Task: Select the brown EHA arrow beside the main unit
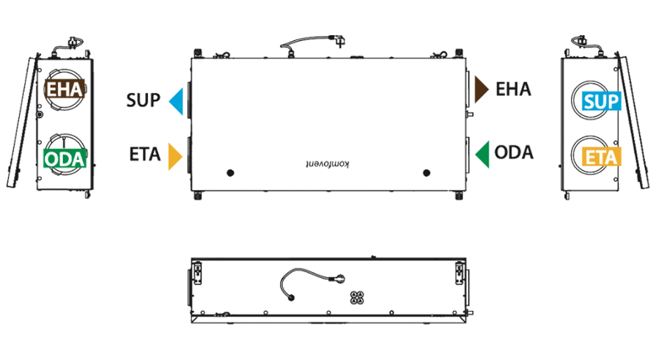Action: point(481,89)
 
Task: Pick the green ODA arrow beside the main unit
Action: point(483,155)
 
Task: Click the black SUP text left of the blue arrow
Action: point(143,100)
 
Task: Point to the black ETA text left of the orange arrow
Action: point(144,155)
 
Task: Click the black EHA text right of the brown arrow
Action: point(513,89)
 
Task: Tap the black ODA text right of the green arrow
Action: point(514,153)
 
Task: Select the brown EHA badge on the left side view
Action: point(65,89)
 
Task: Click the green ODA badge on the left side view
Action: point(65,158)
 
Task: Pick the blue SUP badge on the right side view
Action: point(601,101)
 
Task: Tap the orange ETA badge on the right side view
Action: point(601,157)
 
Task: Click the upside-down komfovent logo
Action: point(327,164)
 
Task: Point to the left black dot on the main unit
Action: point(230,173)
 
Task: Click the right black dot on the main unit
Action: point(427,173)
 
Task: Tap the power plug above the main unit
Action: point(339,40)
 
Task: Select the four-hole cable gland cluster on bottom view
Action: point(357,297)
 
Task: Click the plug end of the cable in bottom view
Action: point(339,279)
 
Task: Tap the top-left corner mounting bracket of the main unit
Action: point(198,54)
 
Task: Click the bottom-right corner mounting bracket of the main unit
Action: point(459,196)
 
